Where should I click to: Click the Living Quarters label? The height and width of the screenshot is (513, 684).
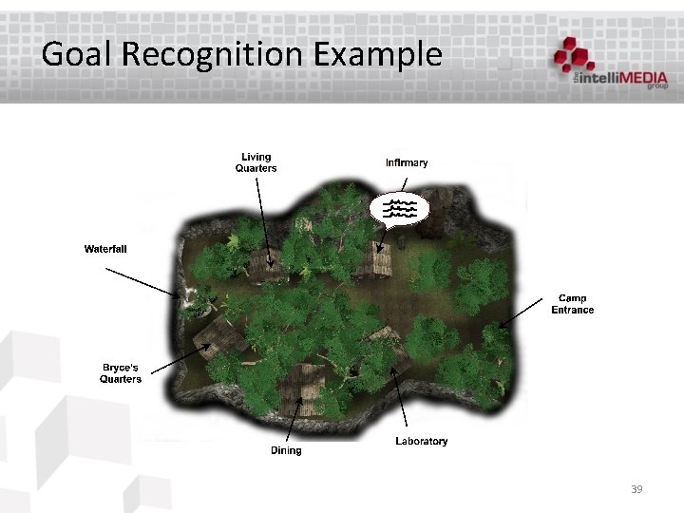pos(256,162)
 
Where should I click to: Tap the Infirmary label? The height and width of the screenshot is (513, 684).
pos(407,162)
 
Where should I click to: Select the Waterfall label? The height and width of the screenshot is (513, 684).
pos(105,249)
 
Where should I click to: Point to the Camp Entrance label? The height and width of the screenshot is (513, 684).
pos(573,304)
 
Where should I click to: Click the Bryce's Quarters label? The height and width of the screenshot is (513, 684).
pos(121,373)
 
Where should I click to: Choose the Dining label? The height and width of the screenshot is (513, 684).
pos(286,450)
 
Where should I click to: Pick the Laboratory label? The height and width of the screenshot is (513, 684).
pos(421,442)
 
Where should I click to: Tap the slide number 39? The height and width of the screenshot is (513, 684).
pos(636,489)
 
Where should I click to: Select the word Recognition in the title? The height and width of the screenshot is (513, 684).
pos(210,54)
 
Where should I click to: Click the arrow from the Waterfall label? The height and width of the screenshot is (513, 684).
pos(142,282)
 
